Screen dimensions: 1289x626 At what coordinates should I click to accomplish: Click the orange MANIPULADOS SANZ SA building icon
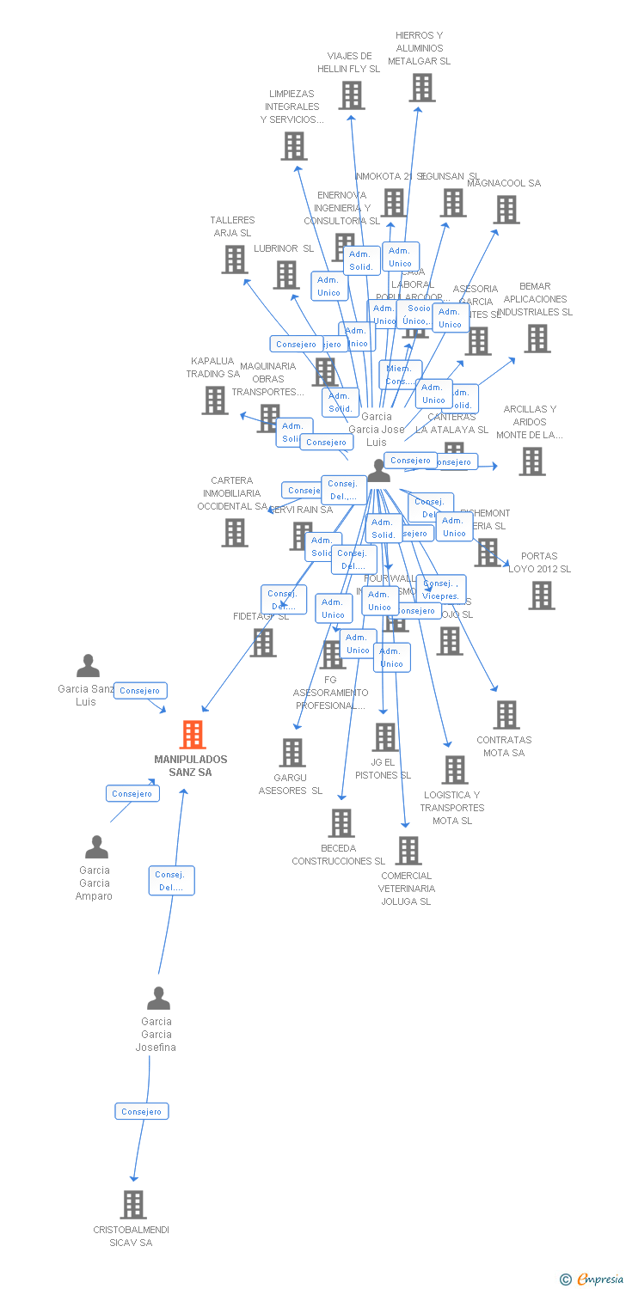tap(193, 735)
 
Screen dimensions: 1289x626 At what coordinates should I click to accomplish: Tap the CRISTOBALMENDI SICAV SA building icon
tap(133, 1205)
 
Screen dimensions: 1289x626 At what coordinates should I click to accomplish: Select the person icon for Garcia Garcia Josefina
tap(158, 999)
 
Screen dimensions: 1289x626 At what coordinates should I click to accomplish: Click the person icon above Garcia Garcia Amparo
tap(96, 847)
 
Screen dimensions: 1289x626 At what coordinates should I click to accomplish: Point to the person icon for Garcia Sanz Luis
tap(88, 666)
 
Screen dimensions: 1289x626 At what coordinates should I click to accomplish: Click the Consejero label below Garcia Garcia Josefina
tap(142, 1111)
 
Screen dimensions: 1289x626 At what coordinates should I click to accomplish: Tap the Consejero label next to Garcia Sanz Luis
tap(140, 690)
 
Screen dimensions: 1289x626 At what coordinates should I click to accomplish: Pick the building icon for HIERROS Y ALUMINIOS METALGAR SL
tap(421, 87)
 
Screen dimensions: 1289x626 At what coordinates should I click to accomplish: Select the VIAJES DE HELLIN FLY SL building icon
tap(351, 95)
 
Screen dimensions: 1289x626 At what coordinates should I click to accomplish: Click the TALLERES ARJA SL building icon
tap(234, 259)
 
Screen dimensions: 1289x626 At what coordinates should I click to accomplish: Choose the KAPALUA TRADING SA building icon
tap(215, 400)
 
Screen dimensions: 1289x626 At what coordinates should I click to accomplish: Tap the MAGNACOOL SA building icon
tap(506, 209)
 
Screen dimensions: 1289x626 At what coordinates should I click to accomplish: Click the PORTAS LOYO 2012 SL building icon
tap(541, 595)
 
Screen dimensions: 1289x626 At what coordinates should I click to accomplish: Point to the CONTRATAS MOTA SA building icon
tap(506, 714)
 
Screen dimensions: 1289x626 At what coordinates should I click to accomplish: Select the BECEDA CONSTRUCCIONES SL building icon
tap(341, 822)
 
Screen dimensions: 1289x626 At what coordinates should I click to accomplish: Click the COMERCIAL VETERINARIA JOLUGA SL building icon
tap(408, 851)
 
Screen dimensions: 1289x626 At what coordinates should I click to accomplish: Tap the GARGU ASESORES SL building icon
tap(292, 752)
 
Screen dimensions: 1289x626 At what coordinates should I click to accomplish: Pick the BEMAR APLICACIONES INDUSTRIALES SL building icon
tap(537, 339)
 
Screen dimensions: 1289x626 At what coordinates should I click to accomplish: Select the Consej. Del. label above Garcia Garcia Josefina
tap(171, 880)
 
